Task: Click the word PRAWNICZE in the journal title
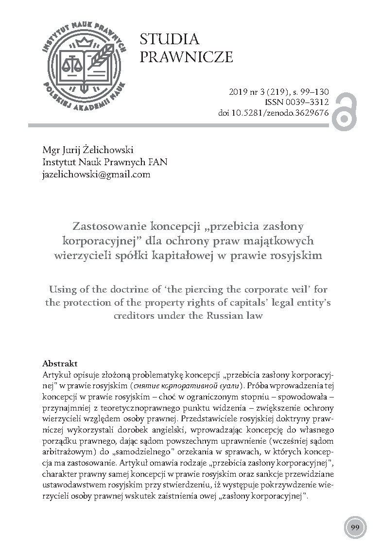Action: tap(186, 58)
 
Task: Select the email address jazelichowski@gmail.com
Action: tap(97, 173)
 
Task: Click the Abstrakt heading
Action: tap(60, 363)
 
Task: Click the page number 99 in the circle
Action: tap(355, 527)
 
